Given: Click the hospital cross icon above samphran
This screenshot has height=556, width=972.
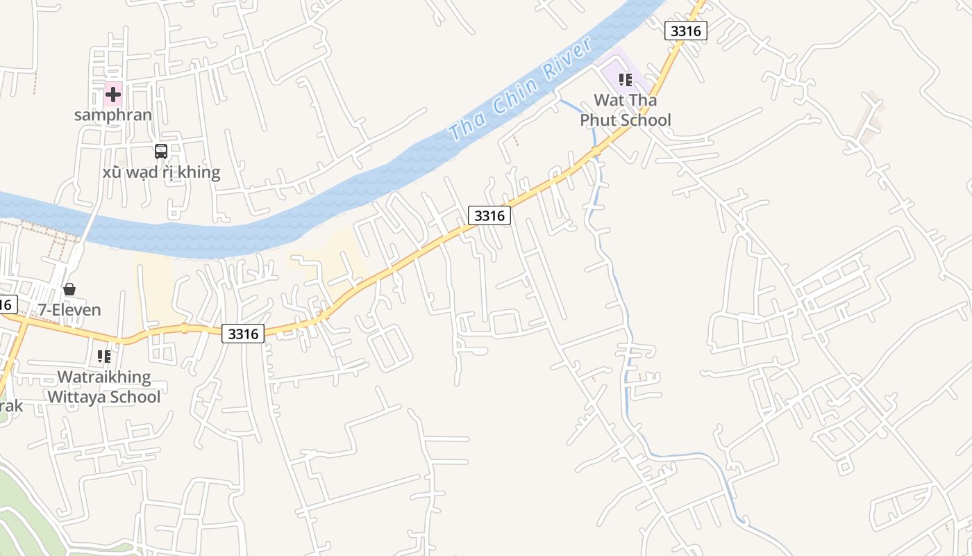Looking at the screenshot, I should [x=113, y=94].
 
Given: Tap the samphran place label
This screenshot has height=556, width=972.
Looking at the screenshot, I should [x=113, y=115].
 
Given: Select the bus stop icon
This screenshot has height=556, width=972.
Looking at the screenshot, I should [x=161, y=151].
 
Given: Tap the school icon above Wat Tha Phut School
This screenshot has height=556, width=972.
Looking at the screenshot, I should [x=626, y=80].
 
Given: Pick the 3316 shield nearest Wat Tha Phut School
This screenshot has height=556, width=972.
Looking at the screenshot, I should [x=686, y=31].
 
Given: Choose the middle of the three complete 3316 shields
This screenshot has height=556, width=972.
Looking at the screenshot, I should [x=489, y=215].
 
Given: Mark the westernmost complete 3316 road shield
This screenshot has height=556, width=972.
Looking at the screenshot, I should [x=243, y=334].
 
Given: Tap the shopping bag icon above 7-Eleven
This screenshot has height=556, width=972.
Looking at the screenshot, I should [x=69, y=289].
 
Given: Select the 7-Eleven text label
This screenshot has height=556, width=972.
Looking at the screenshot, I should [x=69, y=310].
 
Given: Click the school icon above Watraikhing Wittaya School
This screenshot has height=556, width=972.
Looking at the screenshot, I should [x=104, y=357].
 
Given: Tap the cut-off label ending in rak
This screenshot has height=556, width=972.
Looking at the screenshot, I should [x=10, y=406].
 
